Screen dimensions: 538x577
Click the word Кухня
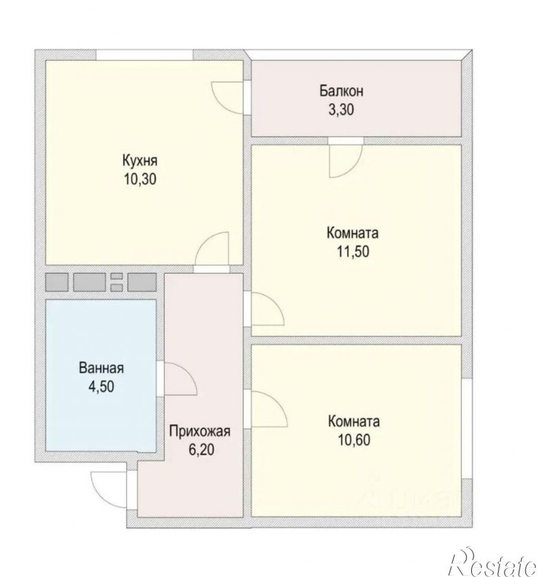click(140, 161)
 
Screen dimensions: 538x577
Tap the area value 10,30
click(140, 179)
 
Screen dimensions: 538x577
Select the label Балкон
click(341, 91)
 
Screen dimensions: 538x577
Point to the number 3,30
click(341, 110)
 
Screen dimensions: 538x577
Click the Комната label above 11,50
click(352, 233)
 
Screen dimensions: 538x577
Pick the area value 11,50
click(352, 251)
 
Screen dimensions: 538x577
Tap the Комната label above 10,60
click(353, 421)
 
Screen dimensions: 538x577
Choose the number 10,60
click(354, 440)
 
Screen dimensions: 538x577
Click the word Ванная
click(101, 368)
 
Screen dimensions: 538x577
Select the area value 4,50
click(101, 386)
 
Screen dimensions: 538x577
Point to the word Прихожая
click(200, 431)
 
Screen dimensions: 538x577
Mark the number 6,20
click(201, 449)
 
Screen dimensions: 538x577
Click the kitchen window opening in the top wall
click(145, 55)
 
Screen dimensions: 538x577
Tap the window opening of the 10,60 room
click(467, 429)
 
